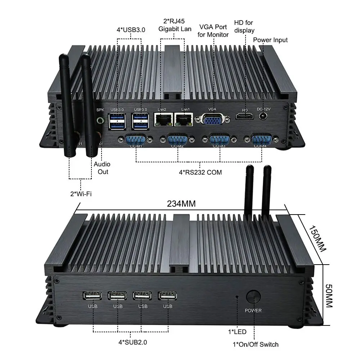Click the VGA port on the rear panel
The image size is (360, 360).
pyautogui.click(x=212, y=120)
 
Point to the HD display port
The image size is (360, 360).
pyautogui.click(x=245, y=116)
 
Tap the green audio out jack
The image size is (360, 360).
pyautogui.click(x=100, y=120)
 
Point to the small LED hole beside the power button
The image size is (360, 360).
pyautogui.click(x=237, y=297)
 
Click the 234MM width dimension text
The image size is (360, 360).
pyautogui.click(x=181, y=203)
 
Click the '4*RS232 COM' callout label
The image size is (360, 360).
pyautogui.click(x=200, y=172)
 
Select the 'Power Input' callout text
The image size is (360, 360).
pyautogui.click(x=270, y=40)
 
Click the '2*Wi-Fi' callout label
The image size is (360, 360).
pyautogui.click(x=81, y=194)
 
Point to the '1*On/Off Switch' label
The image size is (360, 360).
pyautogui.click(x=256, y=345)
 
